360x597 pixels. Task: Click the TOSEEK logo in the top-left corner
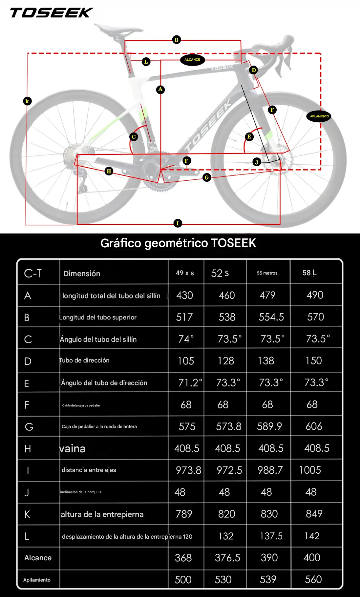52,13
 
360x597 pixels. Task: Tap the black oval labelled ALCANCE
192,60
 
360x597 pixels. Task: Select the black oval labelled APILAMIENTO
319,116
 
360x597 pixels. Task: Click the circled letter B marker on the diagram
177,40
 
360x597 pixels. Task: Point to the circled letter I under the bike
178,223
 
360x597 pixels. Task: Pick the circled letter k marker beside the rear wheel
27,101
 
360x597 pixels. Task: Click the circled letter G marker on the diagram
206,177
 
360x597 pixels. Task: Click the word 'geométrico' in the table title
176,243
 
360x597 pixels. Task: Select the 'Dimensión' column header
82,274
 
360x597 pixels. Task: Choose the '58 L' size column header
309,273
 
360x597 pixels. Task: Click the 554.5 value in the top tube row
271,317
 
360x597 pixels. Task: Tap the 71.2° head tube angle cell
190,383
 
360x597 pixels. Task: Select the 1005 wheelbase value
310,470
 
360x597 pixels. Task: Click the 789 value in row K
184,514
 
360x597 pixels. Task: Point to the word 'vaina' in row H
72,448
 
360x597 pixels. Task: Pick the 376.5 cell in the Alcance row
227,558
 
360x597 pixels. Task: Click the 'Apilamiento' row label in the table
37,580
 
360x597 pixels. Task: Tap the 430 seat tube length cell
184,295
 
